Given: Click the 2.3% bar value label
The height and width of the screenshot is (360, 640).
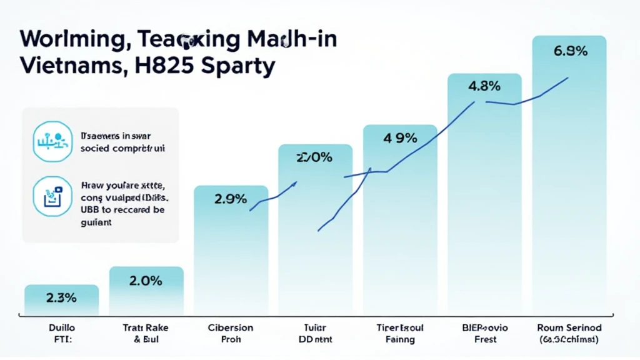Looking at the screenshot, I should tap(61, 298).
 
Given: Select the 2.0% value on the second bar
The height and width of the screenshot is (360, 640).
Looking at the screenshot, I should tap(146, 281).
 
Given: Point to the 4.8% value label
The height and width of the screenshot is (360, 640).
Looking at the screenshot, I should tap(484, 87).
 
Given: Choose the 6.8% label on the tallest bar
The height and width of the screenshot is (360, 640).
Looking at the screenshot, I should tap(570, 51).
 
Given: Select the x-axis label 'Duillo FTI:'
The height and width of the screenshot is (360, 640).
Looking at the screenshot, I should tap(61, 333).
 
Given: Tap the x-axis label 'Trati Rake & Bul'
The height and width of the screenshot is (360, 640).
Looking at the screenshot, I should tap(146, 333).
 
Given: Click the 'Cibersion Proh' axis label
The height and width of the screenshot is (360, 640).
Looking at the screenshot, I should tap(231, 333).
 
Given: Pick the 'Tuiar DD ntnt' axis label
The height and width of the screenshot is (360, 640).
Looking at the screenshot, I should tap(315, 333).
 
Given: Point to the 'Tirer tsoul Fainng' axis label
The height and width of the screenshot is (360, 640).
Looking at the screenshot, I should tap(400, 333).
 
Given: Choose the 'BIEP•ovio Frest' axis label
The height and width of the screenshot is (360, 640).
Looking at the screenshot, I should tap(485, 333).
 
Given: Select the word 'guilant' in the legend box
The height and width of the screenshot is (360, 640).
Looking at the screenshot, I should tap(97, 222).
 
